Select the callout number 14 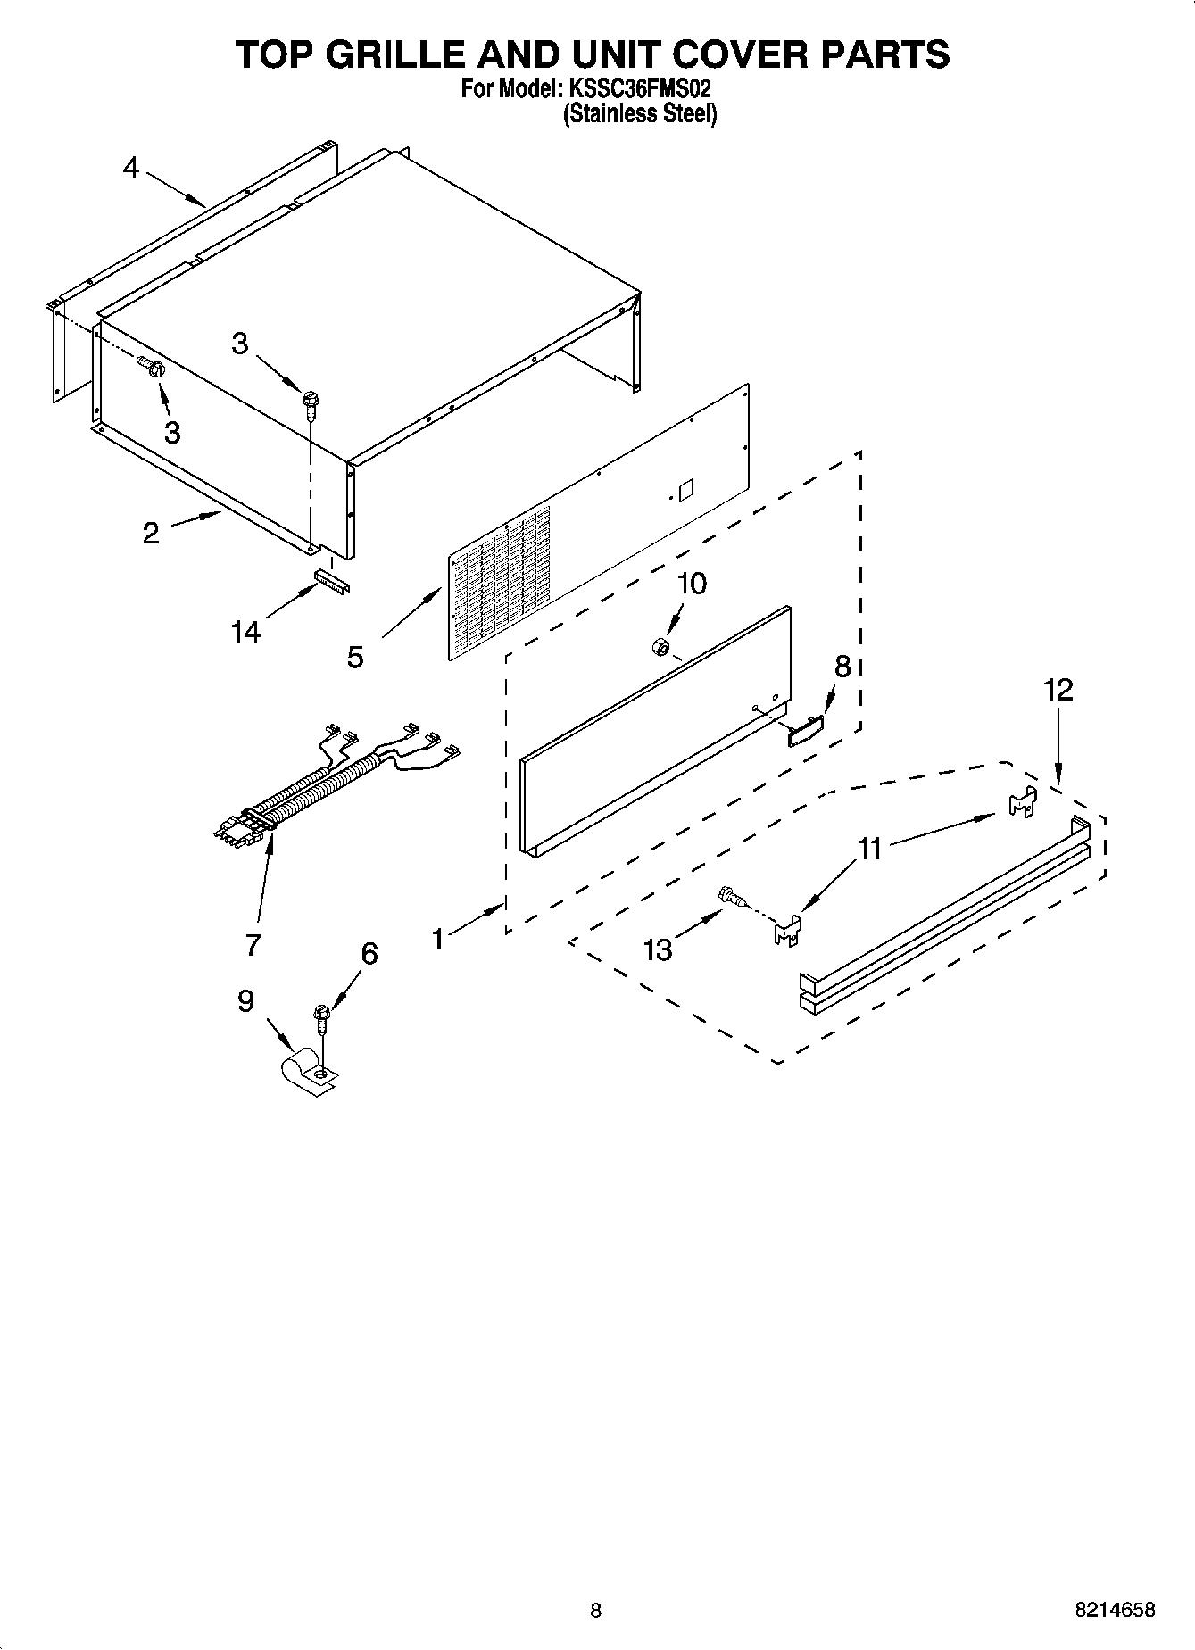coord(245,632)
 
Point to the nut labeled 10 coord(660,645)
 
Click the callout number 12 coord(1058,690)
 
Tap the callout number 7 coord(253,944)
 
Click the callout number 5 coord(355,658)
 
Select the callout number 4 coord(131,167)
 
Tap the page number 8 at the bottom coord(596,1611)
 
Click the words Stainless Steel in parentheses coord(639,114)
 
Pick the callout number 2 coord(151,534)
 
